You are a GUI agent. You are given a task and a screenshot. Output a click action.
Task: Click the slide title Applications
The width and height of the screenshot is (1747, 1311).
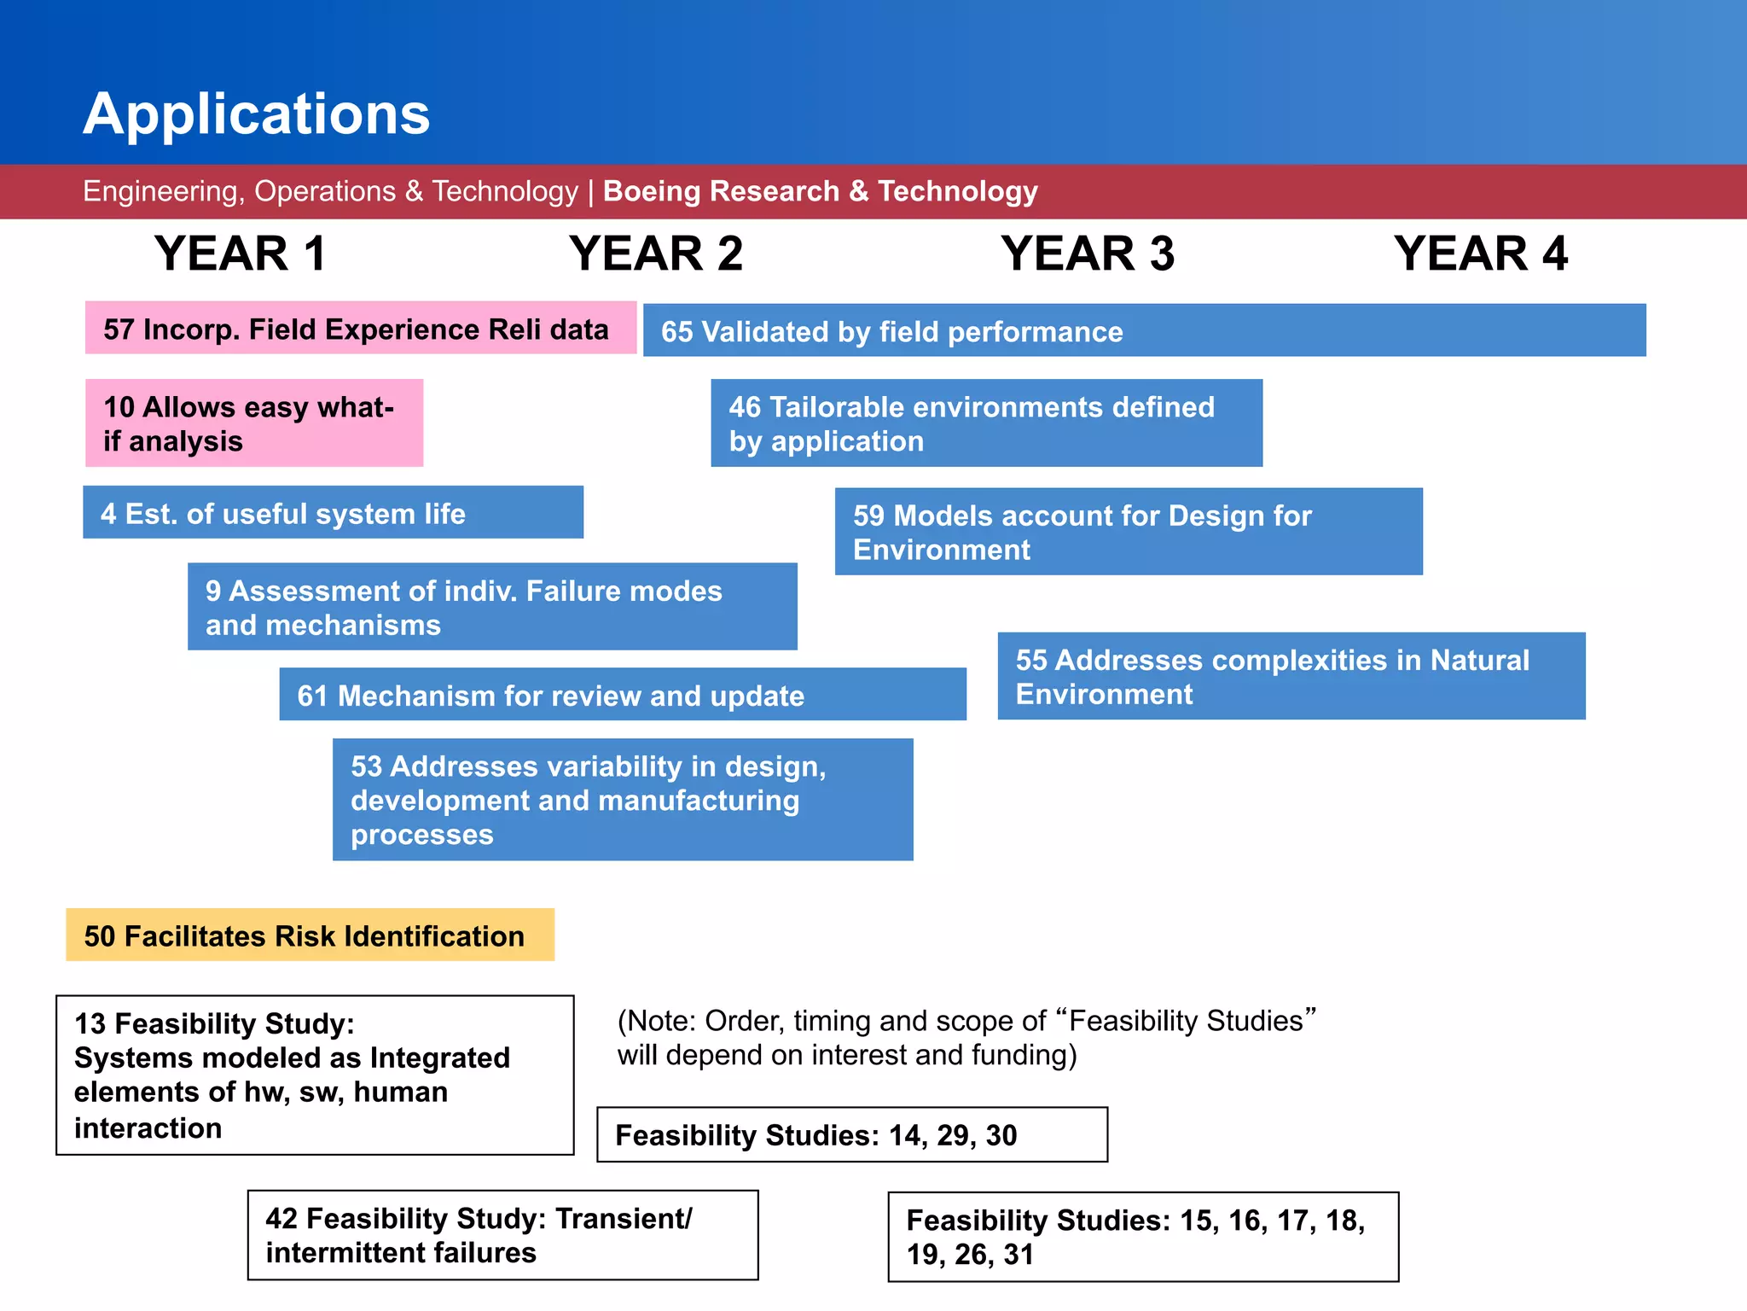(x=256, y=114)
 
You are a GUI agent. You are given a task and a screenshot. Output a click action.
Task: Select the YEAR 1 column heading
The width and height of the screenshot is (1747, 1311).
(x=240, y=253)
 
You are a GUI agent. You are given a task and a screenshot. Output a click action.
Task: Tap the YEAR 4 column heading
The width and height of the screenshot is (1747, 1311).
(x=1480, y=253)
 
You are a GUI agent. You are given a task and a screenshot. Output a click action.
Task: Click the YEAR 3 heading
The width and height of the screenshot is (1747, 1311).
(x=1088, y=253)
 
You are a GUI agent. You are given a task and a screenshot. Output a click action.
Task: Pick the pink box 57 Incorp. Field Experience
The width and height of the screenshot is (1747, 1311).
(x=360, y=329)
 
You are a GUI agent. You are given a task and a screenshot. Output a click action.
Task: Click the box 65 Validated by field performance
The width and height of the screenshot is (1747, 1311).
(x=1143, y=330)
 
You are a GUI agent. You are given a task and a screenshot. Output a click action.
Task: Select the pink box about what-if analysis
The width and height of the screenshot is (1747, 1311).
(x=253, y=423)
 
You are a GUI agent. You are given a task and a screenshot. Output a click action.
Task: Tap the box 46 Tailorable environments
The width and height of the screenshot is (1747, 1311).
(x=986, y=423)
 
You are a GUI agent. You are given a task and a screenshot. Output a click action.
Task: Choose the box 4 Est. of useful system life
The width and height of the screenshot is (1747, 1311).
(x=333, y=513)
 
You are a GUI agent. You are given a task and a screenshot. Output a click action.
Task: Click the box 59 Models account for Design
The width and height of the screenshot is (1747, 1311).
(x=1128, y=532)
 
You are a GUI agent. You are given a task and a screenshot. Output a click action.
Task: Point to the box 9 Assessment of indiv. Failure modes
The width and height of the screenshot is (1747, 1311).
(x=492, y=607)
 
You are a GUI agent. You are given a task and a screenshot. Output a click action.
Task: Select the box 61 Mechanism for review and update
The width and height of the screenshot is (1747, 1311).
(x=622, y=695)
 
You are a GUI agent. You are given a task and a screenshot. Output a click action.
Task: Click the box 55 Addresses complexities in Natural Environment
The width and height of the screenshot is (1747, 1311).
(x=1291, y=676)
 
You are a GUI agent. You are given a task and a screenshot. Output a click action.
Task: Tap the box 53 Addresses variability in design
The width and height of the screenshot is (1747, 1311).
(x=622, y=800)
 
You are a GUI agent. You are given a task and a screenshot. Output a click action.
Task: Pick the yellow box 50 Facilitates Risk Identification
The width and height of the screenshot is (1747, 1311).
(x=310, y=935)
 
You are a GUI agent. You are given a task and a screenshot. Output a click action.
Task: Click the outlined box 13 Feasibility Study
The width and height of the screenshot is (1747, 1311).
(x=314, y=1075)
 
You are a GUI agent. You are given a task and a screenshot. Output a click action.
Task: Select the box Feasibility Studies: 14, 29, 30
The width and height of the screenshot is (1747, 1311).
(x=851, y=1135)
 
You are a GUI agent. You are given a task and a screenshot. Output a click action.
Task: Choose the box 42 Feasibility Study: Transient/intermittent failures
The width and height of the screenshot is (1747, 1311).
(x=502, y=1235)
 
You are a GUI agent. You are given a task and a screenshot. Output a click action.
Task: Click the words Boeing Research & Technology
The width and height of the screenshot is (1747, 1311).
(x=820, y=191)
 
